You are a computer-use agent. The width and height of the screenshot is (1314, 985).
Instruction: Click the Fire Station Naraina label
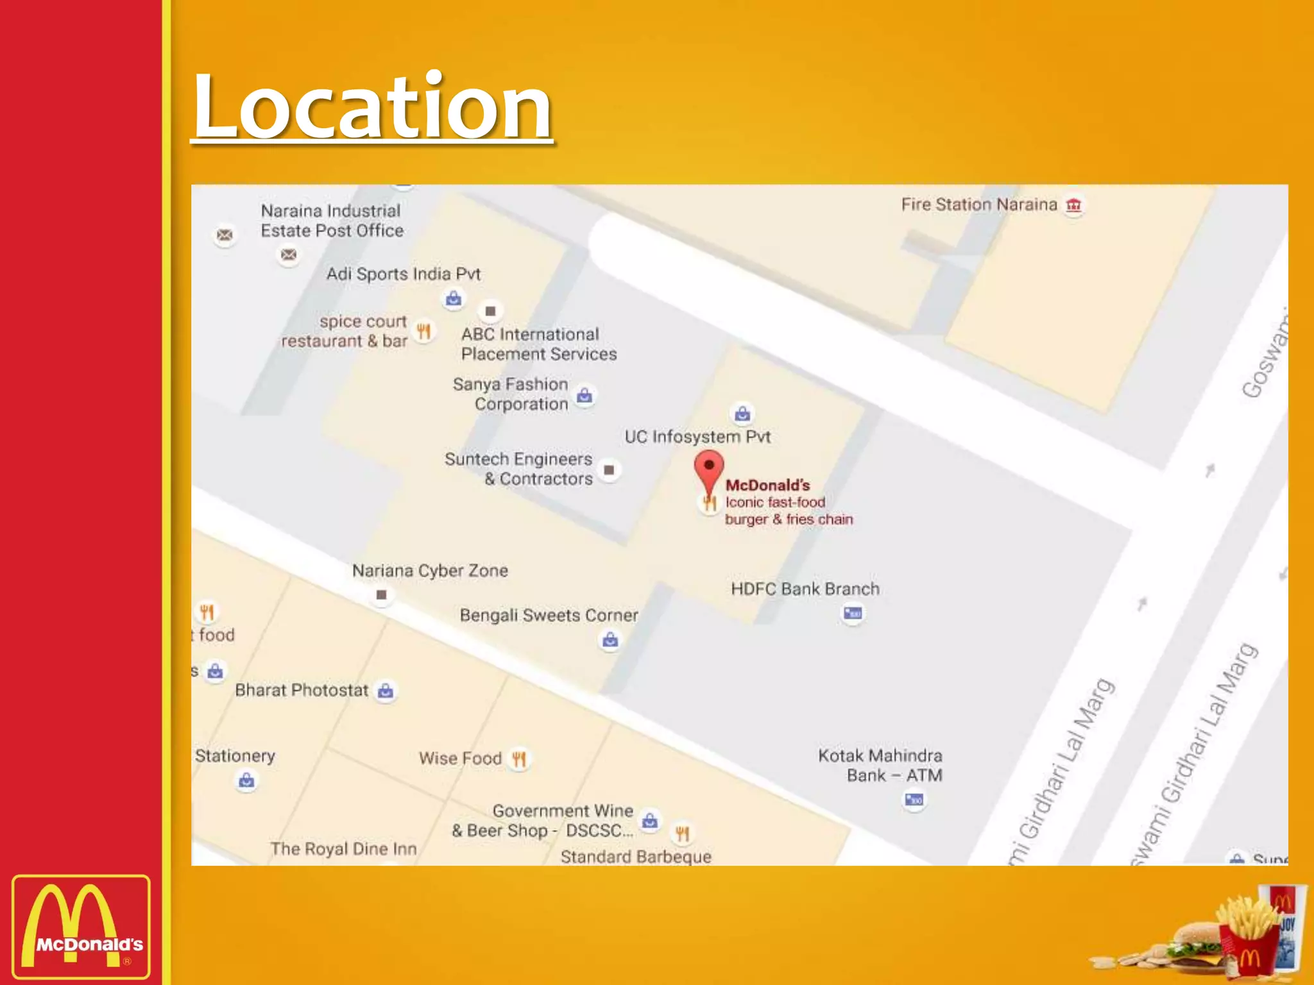pos(978,205)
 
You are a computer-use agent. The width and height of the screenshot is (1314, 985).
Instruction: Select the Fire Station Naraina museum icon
pos(1073,205)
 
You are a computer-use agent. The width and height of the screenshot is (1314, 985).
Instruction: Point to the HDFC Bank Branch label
pos(805,589)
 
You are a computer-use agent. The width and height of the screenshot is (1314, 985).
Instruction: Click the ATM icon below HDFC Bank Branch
pos(853,614)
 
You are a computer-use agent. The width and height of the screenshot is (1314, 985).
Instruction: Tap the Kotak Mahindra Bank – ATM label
pos(880,765)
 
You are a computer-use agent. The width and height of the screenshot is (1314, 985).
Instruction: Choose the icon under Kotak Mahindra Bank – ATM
pos(914,800)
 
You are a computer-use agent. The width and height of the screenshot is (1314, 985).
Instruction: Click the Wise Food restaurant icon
pos(519,759)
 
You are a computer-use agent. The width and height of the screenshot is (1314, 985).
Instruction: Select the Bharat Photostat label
pos(302,690)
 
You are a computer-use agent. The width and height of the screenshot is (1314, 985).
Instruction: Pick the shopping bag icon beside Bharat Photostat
pos(386,691)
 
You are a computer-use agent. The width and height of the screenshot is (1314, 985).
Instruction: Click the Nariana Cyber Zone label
pos(430,571)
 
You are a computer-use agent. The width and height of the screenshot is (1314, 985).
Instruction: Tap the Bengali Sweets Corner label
pos(549,616)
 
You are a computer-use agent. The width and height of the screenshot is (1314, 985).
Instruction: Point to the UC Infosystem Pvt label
pos(697,437)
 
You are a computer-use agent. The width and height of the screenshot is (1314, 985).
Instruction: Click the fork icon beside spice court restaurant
pos(423,331)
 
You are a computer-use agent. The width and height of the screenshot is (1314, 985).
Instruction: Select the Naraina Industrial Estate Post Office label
pos(332,221)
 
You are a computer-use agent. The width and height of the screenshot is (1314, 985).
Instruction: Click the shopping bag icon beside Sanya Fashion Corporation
pos(584,396)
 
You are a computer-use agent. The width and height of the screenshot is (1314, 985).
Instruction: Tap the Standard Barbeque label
pos(636,857)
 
